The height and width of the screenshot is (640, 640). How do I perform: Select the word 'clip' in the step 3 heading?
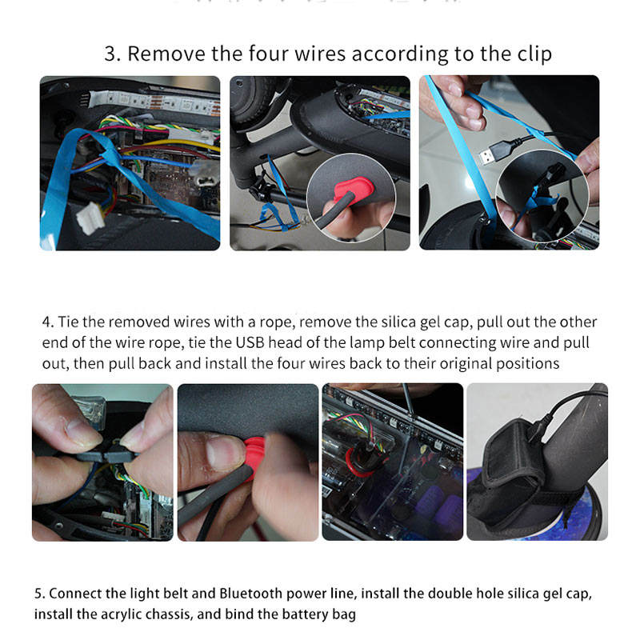coord(534,54)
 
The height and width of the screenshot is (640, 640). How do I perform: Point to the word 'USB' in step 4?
coord(250,342)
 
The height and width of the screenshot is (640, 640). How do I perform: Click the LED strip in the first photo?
coord(155,102)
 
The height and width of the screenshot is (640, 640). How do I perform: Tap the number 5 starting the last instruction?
coord(38,594)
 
